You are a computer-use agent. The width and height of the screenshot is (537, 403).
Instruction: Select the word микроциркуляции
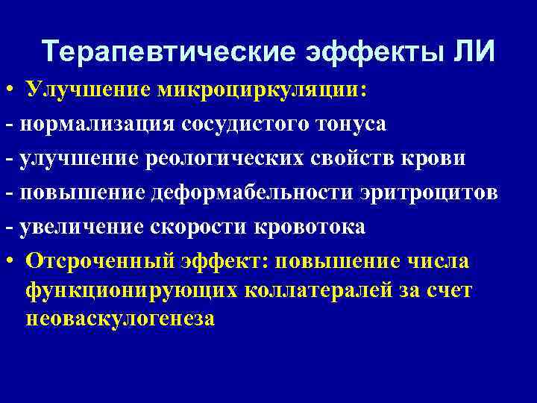262,90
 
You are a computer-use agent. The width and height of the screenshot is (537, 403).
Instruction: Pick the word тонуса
347,125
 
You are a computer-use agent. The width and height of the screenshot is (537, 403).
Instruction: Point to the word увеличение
88,228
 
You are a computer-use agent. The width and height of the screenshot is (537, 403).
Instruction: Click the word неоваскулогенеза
119,319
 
